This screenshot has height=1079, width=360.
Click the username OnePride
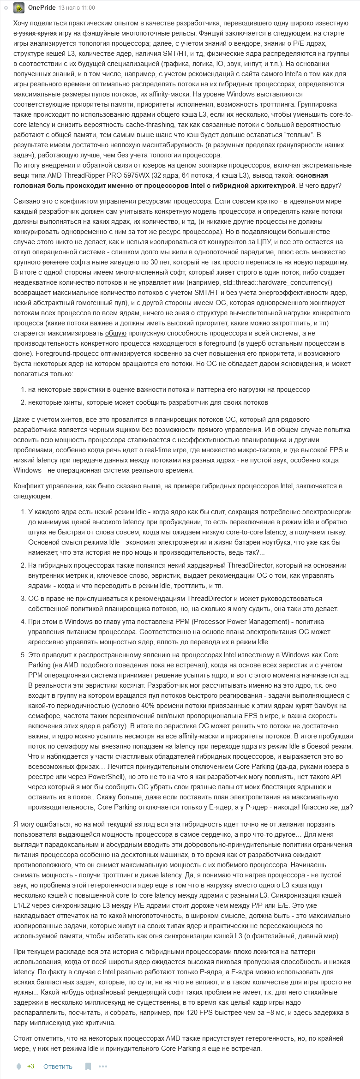pos(42,8)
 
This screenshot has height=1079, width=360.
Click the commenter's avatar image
pos(19,8)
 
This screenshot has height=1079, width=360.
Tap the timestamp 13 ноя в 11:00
pos(77,8)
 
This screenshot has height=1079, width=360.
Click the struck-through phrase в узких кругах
pos(35,33)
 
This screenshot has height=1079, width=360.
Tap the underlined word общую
pos(115,333)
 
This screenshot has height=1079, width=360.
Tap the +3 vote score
pos(30,1066)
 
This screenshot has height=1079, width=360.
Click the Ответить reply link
pos(58,1066)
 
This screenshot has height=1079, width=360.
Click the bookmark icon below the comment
pos(88,1066)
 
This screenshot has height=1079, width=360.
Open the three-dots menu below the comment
pos(102,1066)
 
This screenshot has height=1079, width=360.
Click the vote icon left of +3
pos(19,1066)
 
